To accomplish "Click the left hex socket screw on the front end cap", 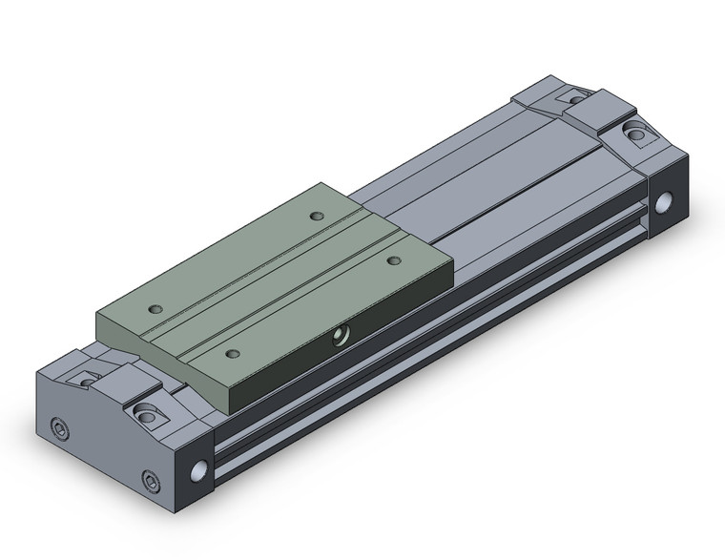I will tap(59, 425).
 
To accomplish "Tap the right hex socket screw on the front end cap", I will tap(149, 479).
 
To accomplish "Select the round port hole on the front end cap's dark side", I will tap(199, 471).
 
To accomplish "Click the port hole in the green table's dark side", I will tap(338, 335).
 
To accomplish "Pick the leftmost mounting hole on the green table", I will tap(156, 309).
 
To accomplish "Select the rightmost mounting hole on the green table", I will tap(393, 259).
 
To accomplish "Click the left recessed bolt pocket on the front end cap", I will tap(87, 378).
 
